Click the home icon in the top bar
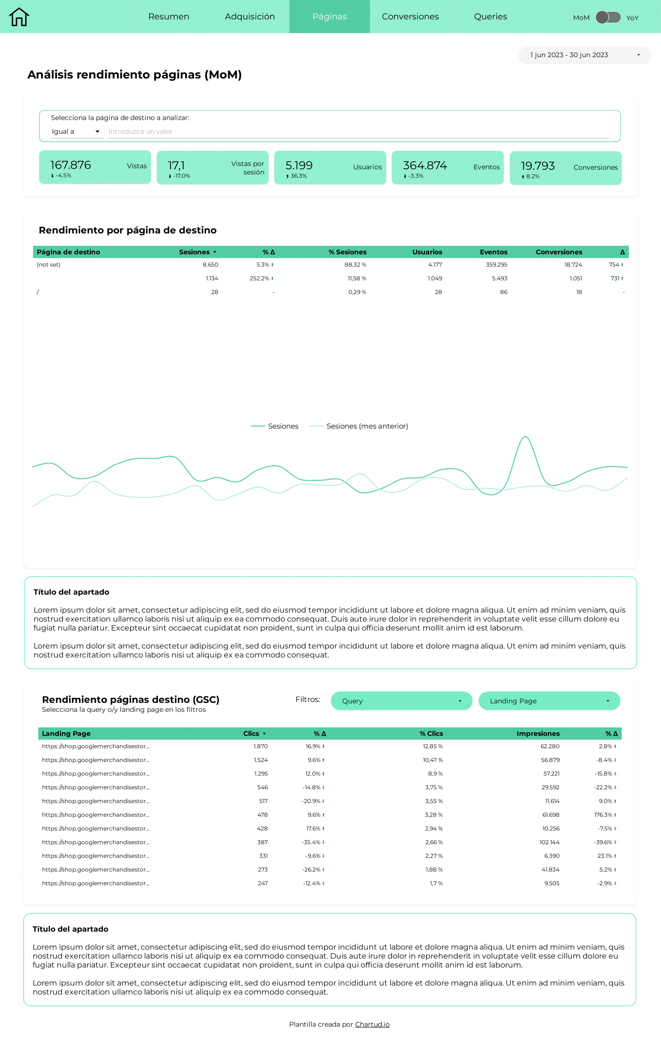(19, 17)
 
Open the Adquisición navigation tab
(249, 16)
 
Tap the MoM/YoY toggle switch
(608, 17)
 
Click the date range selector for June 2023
(585, 55)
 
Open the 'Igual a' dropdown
(76, 131)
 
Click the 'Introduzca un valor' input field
(358, 131)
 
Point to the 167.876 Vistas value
(71, 165)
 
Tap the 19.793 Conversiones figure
(538, 166)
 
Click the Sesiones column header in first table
(195, 252)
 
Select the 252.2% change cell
(259, 278)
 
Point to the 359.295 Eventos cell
(496, 264)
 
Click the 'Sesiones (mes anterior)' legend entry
(367, 426)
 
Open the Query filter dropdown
(401, 701)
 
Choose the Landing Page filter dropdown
(549, 701)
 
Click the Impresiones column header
(538, 733)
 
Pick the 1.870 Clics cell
(261, 746)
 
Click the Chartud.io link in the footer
(372, 1024)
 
